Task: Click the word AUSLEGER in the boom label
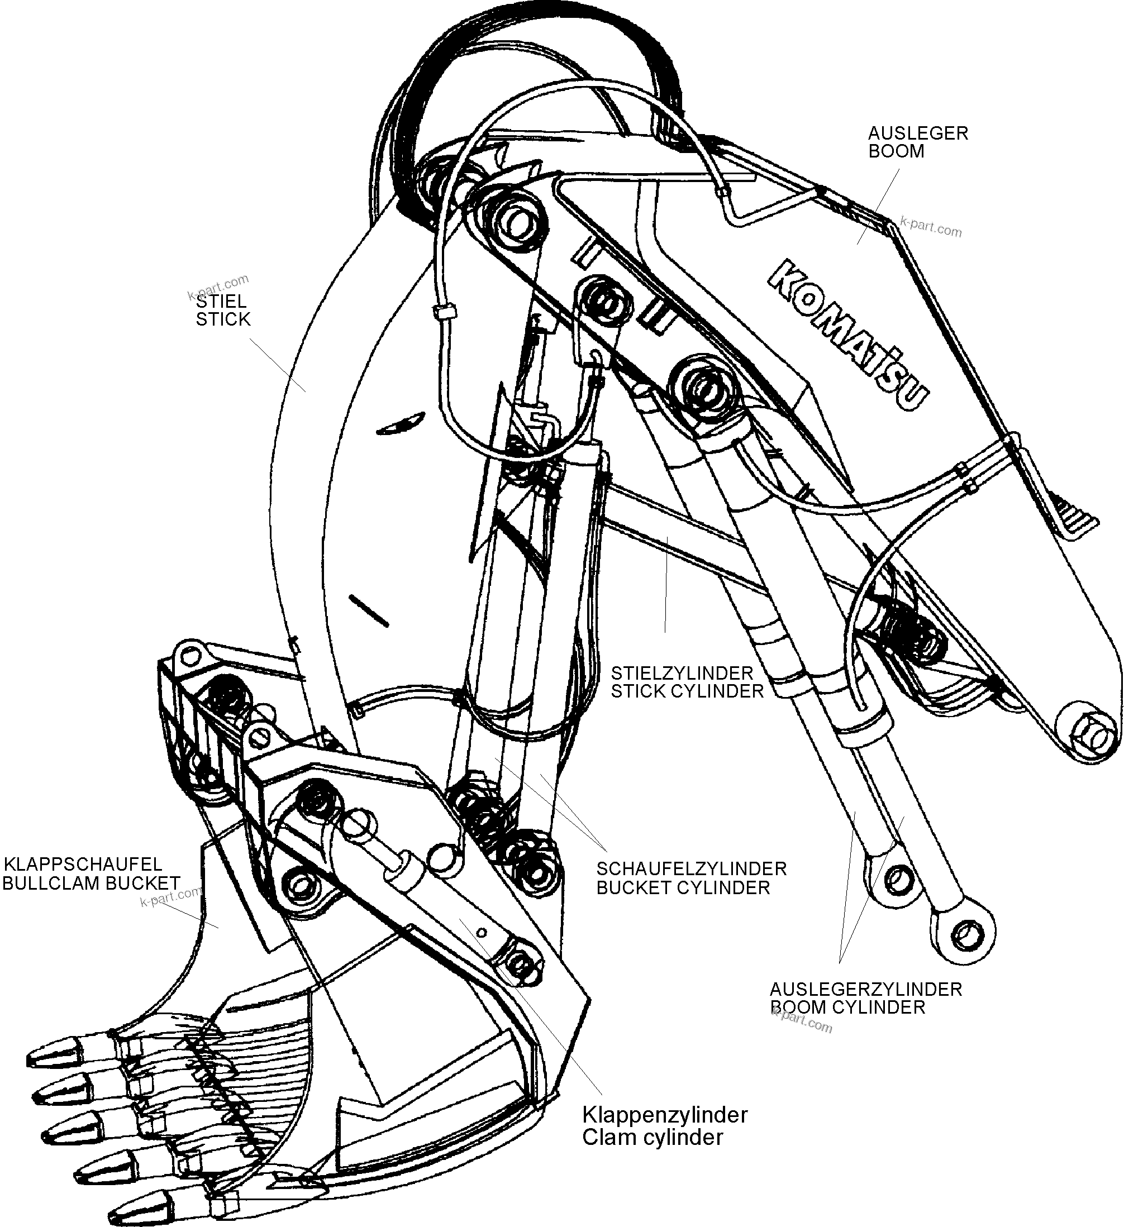click(x=918, y=133)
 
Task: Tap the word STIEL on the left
click(x=221, y=300)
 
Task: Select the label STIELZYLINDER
click(x=682, y=673)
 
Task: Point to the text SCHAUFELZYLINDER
click(x=691, y=868)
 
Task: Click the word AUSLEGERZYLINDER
click(x=865, y=989)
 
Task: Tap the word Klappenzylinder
click(x=665, y=1115)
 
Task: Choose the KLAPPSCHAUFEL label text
click(x=83, y=864)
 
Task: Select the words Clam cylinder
click(x=653, y=1137)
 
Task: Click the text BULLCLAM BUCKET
click(x=91, y=883)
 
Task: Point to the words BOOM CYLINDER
click(x=847, y=1008)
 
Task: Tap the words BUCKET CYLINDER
click(x=683, y=887)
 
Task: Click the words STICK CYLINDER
click(x=687, y=691)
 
